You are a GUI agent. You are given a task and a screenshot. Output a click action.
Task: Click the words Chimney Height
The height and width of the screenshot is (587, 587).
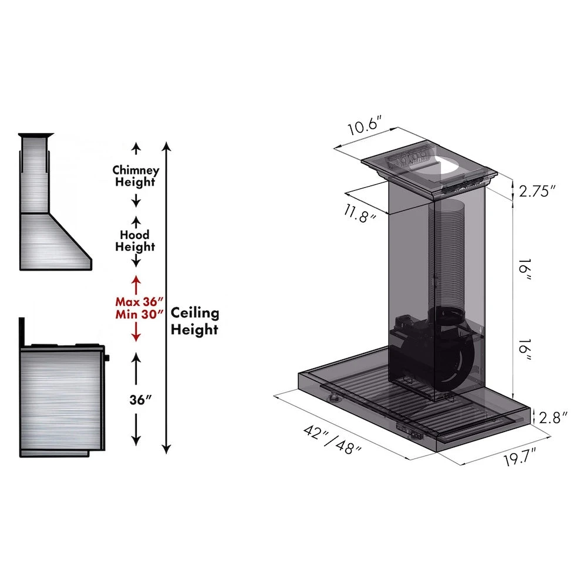click(x=136, y=176)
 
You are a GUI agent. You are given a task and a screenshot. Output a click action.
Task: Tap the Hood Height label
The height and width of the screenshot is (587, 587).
click(x=135, y=241)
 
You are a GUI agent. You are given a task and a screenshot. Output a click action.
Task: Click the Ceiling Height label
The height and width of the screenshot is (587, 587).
click(x=194, y=321)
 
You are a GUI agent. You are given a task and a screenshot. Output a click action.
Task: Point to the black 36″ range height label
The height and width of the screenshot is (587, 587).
click(x=141, y=400)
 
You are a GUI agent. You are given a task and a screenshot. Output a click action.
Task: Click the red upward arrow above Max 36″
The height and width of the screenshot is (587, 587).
click(x=136, y=284)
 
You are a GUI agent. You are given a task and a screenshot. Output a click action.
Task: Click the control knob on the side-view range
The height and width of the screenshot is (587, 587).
click(x=107, y=357)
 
